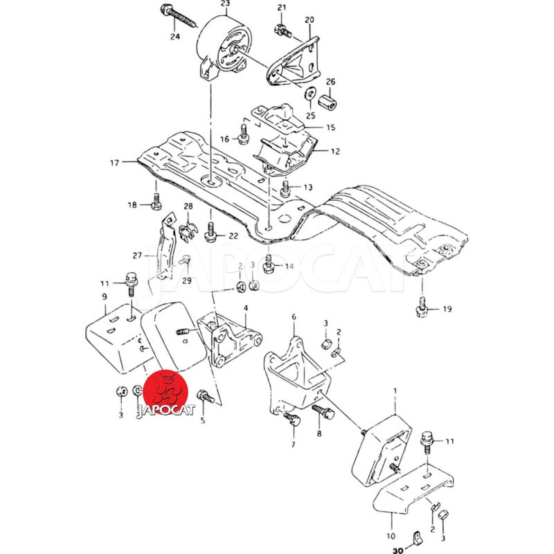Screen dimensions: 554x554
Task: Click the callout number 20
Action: [x=309, y=19]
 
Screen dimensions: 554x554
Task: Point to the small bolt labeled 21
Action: [x=281, y=30]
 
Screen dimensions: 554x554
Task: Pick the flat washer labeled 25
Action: [x=310, y=91]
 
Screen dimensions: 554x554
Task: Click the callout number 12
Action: [x=334, y=151]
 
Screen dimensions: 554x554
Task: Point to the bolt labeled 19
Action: [x=420, y=305]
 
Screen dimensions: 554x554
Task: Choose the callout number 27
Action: [x=137, y=255]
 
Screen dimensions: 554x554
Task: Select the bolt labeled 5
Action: [x=204, y=397]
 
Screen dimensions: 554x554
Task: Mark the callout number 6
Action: [x=293, y=317]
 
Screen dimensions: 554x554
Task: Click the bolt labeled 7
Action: [x=291, y=417]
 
